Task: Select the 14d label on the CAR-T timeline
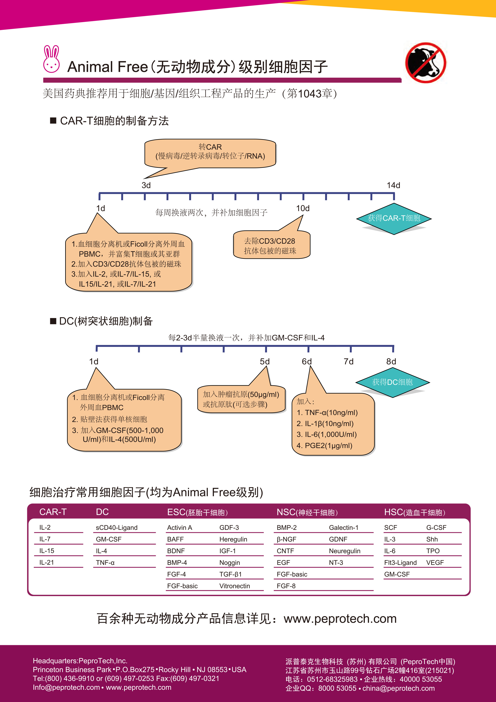coord(393,185)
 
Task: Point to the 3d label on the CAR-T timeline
coord(146,185)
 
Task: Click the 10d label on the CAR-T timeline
coord(303,208)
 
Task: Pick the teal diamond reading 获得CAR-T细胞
coord(394,219)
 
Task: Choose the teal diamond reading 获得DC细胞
coord(392,382)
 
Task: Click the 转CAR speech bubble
coord(210,154)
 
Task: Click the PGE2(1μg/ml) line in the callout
coord(324,445)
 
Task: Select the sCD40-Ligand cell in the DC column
coord(117,527)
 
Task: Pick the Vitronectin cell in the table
coord(235,586)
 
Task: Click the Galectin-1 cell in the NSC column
coord(344,527)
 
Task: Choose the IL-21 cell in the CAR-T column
coord(46,562)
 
